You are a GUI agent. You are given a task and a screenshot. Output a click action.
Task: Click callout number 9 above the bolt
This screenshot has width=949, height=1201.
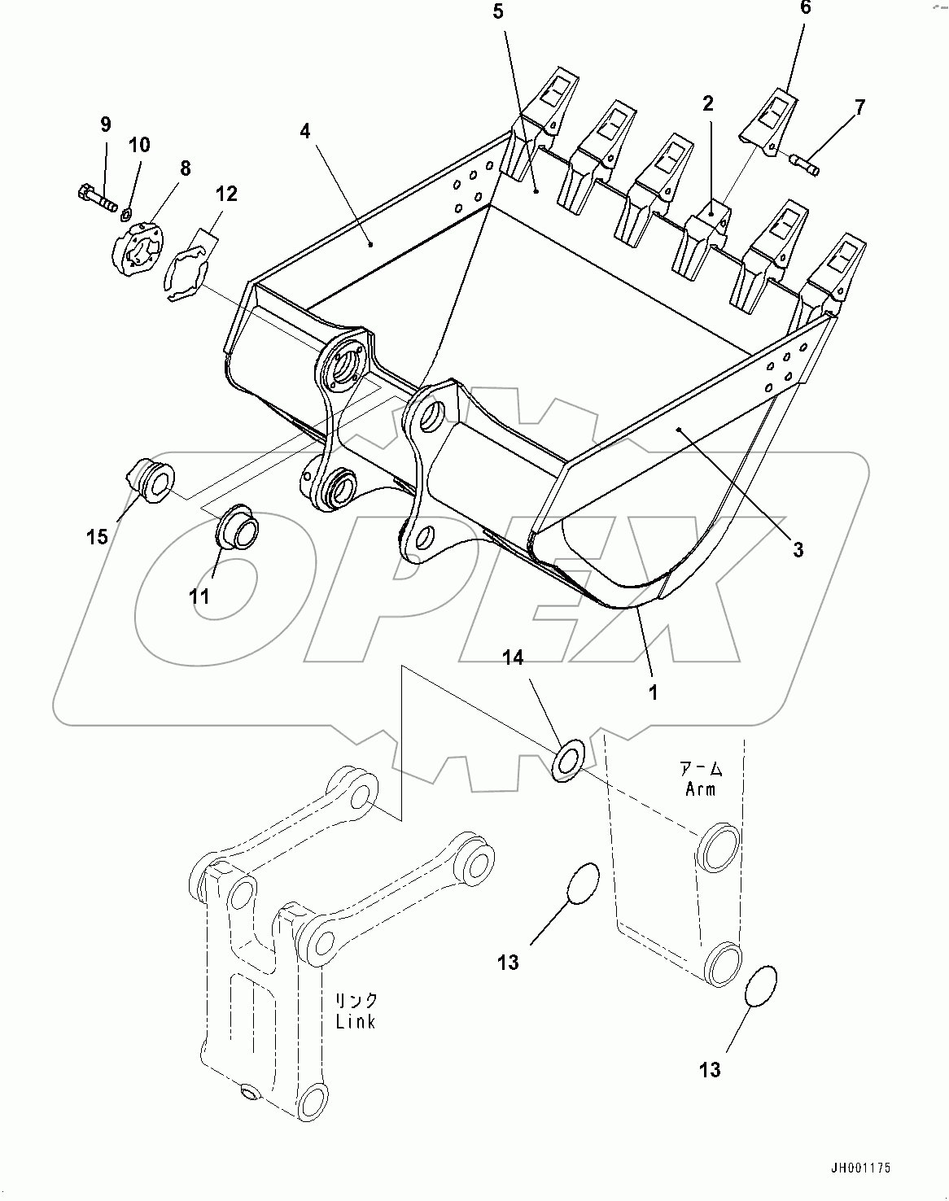[106, 124]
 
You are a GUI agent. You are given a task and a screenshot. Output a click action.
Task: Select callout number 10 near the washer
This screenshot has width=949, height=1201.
[139, 145]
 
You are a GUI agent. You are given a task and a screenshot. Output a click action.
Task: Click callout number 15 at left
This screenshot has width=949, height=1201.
[97, 537]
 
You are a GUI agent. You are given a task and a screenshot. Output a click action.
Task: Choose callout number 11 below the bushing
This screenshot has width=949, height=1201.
[199, 596]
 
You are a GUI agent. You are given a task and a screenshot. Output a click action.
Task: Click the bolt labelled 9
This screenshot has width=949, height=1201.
[94, 196]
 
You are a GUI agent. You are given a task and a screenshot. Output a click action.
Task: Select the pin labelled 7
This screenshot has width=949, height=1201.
[805, 163]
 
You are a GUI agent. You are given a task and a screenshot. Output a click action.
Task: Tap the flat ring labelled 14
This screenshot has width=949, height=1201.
[567, 759]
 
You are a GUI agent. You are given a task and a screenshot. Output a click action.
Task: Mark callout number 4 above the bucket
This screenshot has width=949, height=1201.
[304, 131]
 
